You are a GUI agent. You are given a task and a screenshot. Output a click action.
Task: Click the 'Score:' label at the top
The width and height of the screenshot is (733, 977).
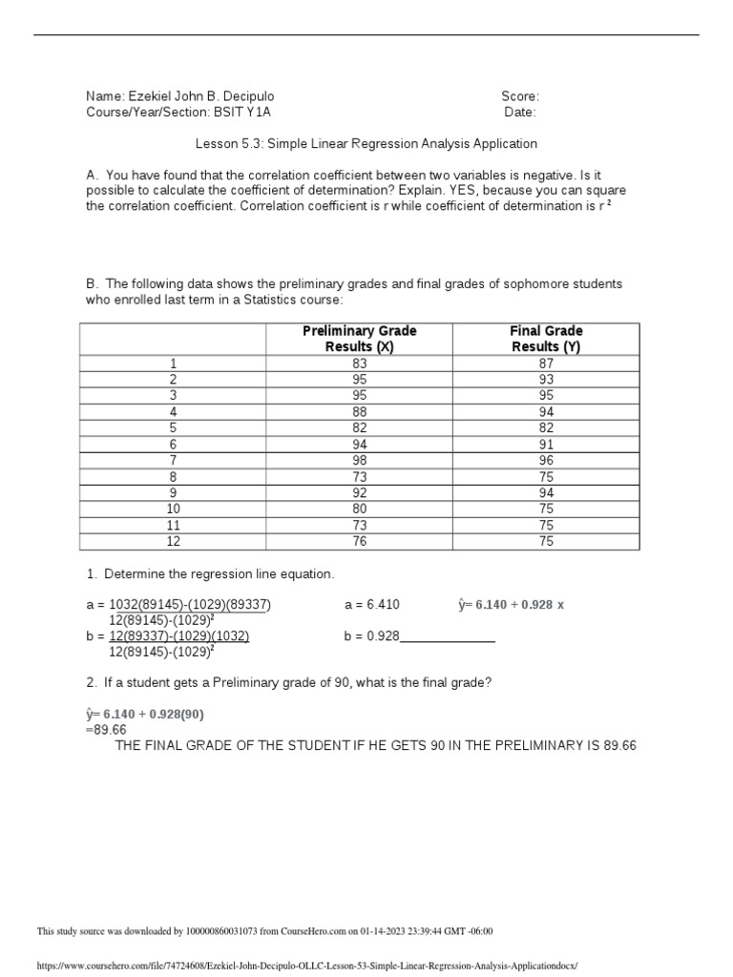click(520, 96)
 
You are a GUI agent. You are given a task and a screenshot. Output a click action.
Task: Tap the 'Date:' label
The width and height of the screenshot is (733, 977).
click(520, 113)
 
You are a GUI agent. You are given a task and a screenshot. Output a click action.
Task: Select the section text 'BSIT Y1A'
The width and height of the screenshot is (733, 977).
click(242, 113)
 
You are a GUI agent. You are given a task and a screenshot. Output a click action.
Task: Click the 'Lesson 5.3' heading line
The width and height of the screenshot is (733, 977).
click(366, 144)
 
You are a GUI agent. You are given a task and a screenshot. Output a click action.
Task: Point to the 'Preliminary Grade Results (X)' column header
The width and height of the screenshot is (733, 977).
click(359, 339)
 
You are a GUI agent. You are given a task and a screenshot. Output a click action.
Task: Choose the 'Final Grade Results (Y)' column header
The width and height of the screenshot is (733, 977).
click(546, 339)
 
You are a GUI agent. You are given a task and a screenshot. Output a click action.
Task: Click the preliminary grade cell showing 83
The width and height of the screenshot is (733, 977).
click(359, 364)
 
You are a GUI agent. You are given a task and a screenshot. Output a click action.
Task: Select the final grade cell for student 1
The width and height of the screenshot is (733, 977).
click(546, 364)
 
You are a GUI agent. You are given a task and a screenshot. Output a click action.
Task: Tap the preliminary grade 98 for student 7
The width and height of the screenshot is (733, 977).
click(359, 460)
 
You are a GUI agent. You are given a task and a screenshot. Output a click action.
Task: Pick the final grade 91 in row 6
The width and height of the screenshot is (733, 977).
click(546, 444)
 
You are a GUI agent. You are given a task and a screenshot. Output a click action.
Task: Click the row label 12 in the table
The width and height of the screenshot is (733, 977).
click(174, 541)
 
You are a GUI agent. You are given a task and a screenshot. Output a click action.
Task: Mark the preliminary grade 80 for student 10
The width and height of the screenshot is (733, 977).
click(359, 509)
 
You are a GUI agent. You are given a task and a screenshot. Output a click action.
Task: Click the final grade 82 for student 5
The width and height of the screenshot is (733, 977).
click(546, 427)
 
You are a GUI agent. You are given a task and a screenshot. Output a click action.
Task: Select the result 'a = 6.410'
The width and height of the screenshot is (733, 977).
click(371, 605)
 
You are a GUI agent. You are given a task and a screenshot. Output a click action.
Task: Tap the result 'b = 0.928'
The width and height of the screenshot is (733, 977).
click(371, 636)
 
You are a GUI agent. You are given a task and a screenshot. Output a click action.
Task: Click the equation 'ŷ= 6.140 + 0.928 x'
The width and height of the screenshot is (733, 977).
click(512, 605)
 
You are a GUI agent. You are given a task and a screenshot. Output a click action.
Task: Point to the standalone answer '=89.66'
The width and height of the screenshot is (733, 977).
click(106, 730)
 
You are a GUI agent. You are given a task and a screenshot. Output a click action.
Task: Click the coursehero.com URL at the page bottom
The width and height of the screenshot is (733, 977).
click(306, 966)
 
